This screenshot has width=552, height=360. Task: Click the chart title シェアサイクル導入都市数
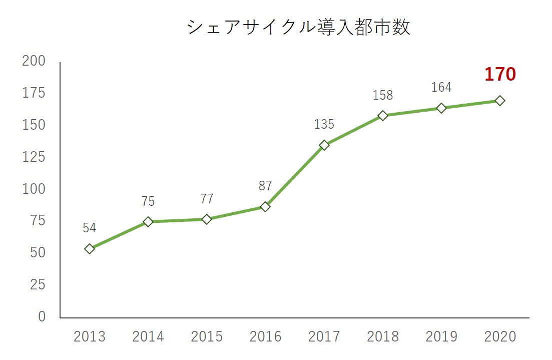pyautogui.click(x=298, y=27)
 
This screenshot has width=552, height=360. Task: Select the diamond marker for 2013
pyautogui.click(x=90, y=249)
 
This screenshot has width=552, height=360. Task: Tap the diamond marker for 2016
pyautogui.click(x=265, y=207)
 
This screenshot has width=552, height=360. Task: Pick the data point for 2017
pyautogui.click(x=324, y=145)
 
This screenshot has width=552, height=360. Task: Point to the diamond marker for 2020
pyautogui.click(x=499, y=101)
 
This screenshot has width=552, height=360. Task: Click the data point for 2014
pyautogui.click(x=148, y=222)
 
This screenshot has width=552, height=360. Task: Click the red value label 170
pyautogui.click(x=499, y=75)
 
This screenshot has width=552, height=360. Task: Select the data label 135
pyautogui.click(x=324, y=124)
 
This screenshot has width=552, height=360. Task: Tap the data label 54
pyautogui.click(x=90, y=228)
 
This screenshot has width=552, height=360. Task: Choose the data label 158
pyautogui.click(x=383, y=95)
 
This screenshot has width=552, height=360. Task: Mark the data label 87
pyautogui.click(x=265, y=186)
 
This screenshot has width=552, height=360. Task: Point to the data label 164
pyautogui.click(x=441, y=88)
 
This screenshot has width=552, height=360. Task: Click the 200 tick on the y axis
pyautogui.click(x=34, y=61)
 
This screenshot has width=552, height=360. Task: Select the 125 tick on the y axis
pyautogui.click(x=34, y=157)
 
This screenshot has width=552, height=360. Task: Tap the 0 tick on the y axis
pyautogui.click(x=41, y=317)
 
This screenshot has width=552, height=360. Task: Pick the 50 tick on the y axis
pyautogui.click(x=37, y=253)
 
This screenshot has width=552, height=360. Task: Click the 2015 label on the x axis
pyautogui.click(x=207, y=336)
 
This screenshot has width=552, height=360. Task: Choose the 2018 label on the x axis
pyautogui.click(x=383, y=336)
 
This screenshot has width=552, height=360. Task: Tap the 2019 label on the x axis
pyautogui.click(x=441, y=336)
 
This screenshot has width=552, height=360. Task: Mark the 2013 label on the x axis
pyautogui.click(x=90, y=336)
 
